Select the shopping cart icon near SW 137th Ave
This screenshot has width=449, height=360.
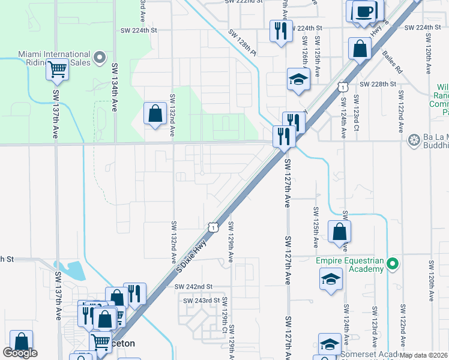(x=57, y=69)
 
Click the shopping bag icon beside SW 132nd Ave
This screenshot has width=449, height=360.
(x=155, y=113)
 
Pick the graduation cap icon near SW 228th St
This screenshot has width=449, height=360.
(x=298, y=80)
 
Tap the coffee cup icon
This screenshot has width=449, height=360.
(x=364, y=11)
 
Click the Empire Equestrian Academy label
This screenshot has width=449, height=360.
(x=350, y=265)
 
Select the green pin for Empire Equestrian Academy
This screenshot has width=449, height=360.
(x=393, y=263)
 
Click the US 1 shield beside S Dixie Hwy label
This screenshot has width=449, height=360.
(x=212, y=227)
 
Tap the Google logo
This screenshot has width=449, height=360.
(x=20, y=353)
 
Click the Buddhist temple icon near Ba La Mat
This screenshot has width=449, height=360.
(x=414, y=141)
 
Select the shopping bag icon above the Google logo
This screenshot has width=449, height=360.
(x=21, y=341)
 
